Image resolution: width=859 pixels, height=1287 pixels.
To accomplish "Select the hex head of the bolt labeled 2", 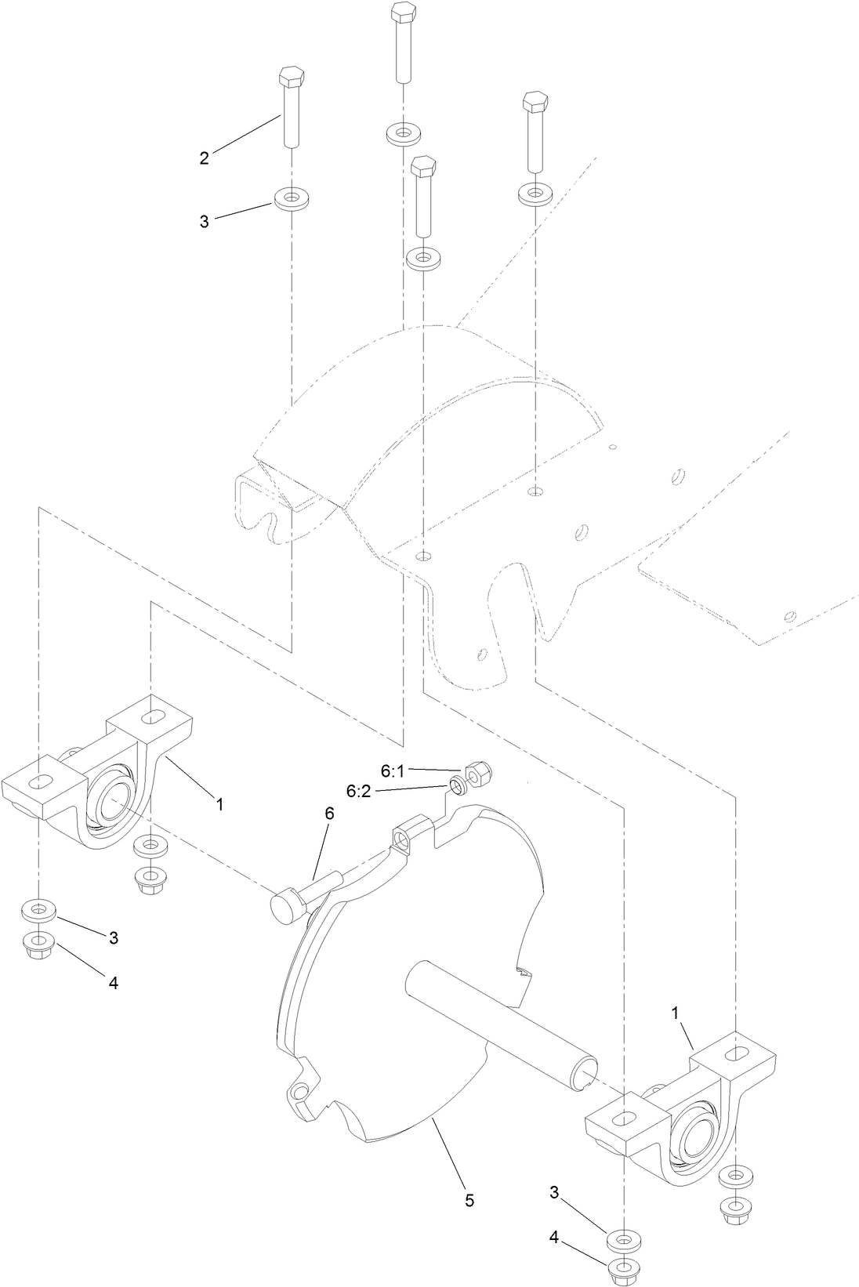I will (x=291, y=78).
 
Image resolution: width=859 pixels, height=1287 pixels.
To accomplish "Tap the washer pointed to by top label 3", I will (x=291, y=197).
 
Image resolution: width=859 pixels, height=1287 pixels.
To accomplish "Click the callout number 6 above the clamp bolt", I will (x=329, y=814).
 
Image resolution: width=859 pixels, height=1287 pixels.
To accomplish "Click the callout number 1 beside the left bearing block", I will (x=220, y=804).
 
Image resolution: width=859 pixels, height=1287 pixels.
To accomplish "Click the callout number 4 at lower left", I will (x=113, y=983).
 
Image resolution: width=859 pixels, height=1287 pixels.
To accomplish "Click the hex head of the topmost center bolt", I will (x=403, y=13).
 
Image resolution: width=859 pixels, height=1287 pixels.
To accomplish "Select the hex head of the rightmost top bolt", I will (x=535, y=102).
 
